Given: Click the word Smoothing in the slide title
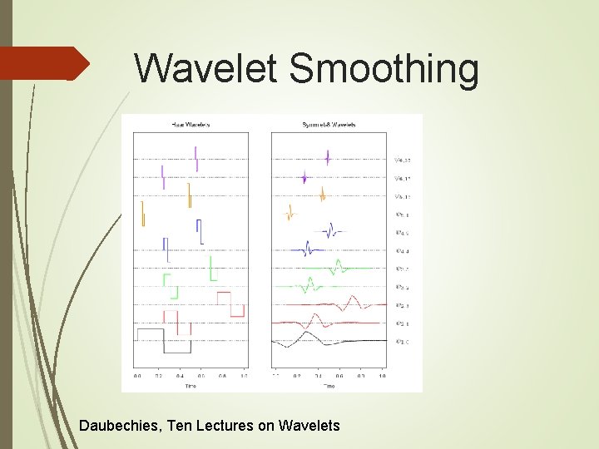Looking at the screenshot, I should [x=384, y=70].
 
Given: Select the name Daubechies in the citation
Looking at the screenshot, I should [x=120, y=426].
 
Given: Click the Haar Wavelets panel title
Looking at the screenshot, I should [x=191, y=125].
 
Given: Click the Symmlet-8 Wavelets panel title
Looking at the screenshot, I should [x=329, y=125].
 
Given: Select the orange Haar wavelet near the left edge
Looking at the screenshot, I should [x=143, y=213].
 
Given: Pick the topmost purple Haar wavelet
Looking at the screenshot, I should [x=196, y=158].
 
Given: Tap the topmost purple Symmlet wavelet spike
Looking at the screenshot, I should [x=328, y=158].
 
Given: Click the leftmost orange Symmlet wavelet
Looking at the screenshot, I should [x=290, y=215].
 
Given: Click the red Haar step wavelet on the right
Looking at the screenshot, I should [x=230, y=304].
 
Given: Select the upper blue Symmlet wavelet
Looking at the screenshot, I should [x=331, y=230].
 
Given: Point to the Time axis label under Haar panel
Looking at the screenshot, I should [x=191, y=386].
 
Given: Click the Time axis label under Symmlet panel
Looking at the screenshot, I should [x=329, y=386].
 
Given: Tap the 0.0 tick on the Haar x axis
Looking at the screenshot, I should [x=138, y=376].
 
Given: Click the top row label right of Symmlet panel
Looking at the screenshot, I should [x=403, y=160].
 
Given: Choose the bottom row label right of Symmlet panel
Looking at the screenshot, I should [x=403, y=341].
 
